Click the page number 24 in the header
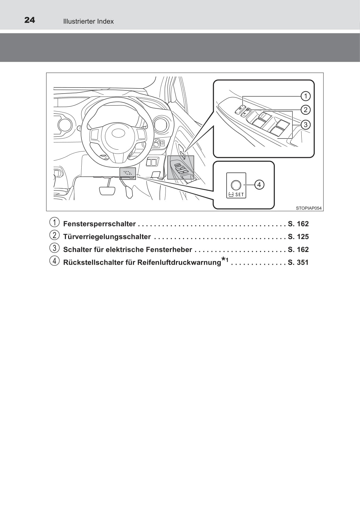point(30,20)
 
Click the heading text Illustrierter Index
point(88,21)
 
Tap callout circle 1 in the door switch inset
point(305,96)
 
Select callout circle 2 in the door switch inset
point(305,110)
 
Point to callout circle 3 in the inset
point(305,124)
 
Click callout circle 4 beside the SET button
point(259,185)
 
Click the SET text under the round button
point(240,195)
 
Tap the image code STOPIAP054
point(309,208)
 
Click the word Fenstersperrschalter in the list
point(99,224)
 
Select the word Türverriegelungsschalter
point(107,237)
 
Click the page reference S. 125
point(298,237)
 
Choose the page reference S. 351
point(298,262)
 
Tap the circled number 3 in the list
point(54,248)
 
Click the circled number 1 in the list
point(54,222)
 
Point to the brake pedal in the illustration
point(107,191)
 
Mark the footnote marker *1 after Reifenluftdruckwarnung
point(225,260)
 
